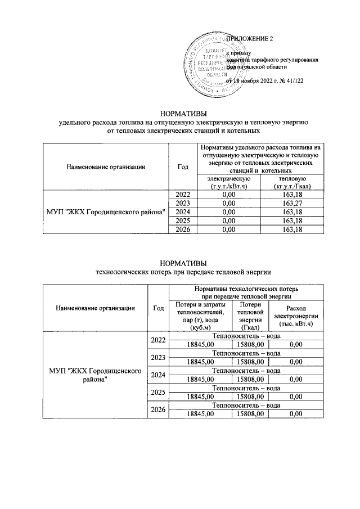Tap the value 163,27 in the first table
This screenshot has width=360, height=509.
click(290, 202)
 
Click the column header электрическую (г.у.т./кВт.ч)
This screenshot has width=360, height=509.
click(228, 182)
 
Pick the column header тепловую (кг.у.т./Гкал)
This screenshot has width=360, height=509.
click(290, 182)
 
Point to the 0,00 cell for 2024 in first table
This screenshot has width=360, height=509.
click(228, 211)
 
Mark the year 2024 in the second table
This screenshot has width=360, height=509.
click(158, 375)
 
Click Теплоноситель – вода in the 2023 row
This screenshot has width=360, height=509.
click(246, 353)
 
